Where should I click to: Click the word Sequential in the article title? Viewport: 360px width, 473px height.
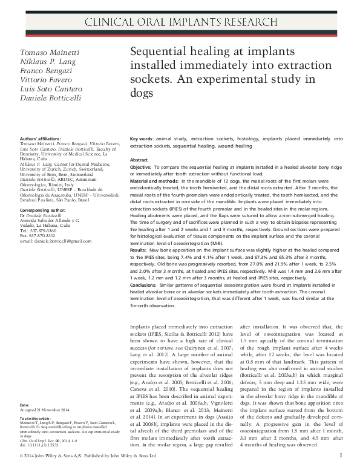pyautogui.click(x=159, y=52)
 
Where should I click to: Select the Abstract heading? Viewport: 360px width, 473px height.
pyautogui.click(x=139, y=160)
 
